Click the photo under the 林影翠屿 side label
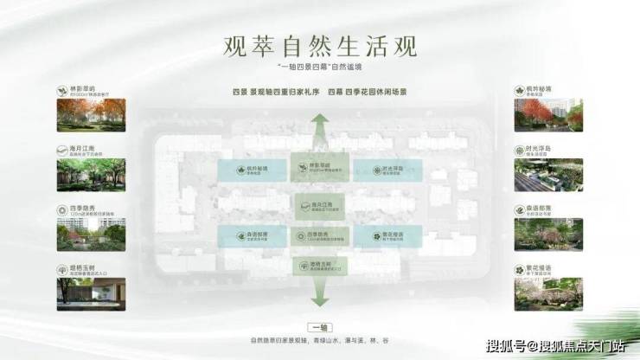click(91, 115)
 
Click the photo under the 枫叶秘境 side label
click(549, 115)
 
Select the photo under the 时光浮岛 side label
click(549, 174)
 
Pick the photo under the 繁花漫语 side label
click(549, 294)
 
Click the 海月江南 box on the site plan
click(321, 205)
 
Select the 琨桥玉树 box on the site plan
click(321, 265)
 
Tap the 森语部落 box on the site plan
click(252, 235)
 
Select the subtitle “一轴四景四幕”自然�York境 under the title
click(320, 66)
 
